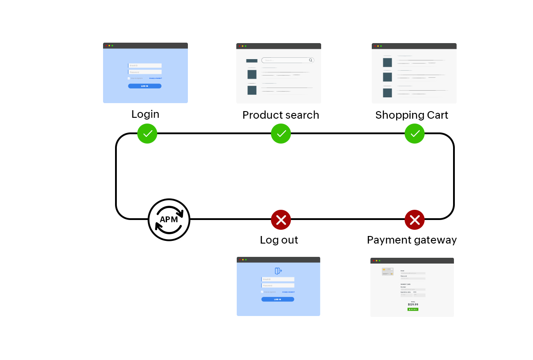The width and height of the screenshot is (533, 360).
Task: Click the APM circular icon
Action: point(169,220)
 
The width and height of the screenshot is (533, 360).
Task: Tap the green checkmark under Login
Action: point(147,133)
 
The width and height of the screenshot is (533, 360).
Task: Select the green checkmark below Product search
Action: point(281,133)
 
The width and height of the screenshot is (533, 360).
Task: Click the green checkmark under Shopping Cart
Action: point(414,133)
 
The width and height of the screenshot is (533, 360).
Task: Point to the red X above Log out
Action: point(281,220)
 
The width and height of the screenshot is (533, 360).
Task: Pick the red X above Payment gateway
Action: point(414,220)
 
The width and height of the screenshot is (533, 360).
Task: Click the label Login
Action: point(145,114)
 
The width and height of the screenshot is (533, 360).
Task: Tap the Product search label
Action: point(281,115)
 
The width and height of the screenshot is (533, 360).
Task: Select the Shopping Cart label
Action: point(412,115)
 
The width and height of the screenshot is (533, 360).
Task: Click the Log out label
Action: point(279,240)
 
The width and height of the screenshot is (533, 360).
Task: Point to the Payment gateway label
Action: point(412,240)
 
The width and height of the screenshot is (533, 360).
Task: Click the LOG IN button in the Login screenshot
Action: point(145,86)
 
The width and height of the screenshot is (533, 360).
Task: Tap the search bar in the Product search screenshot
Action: point(286,60)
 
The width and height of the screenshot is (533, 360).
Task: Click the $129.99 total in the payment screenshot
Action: point(413,304)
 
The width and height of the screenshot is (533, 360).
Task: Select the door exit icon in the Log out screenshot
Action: point(278,271)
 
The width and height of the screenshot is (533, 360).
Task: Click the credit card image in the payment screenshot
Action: point(387,272)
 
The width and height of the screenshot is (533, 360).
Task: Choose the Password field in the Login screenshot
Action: point(145,72)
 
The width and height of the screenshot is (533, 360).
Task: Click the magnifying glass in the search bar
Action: point(311,60)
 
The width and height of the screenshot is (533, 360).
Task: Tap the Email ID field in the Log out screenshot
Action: point(278,280)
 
